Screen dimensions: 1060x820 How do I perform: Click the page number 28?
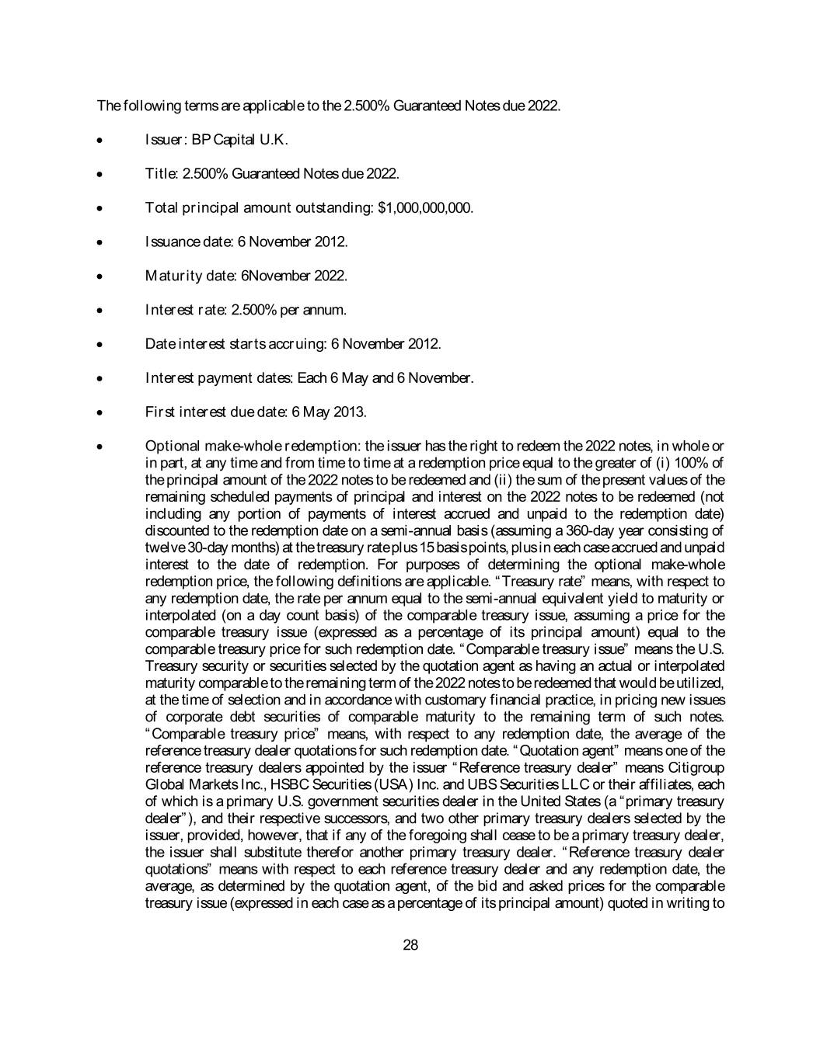point(411,945)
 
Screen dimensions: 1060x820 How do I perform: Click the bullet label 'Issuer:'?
point(167,140)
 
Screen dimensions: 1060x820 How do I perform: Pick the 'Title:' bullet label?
point(162,174)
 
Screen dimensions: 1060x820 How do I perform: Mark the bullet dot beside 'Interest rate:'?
point(100,311)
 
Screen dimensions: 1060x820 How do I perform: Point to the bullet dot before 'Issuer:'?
point(100,141)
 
